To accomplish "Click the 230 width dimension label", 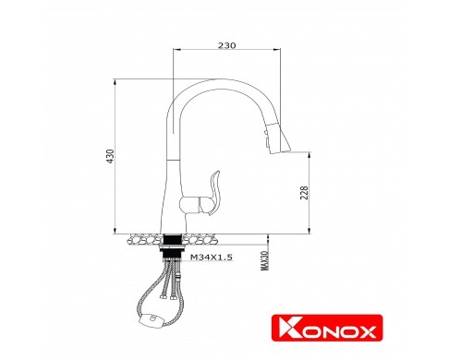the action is [x=226, y=45].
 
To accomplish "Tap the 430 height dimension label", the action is [x=110, y=156].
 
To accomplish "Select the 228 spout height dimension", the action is [x=304, y=193].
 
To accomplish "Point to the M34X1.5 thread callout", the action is [x=212, y=257].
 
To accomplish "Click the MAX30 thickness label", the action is [x=264, y=260].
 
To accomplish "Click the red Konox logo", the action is [x=327, y=328].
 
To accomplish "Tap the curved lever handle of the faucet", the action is [x=214, y=193].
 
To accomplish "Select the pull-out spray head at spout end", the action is [x=278, y=138].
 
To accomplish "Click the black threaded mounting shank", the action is [x=172, y=246].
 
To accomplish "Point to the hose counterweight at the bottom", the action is [x=151, y=319].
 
